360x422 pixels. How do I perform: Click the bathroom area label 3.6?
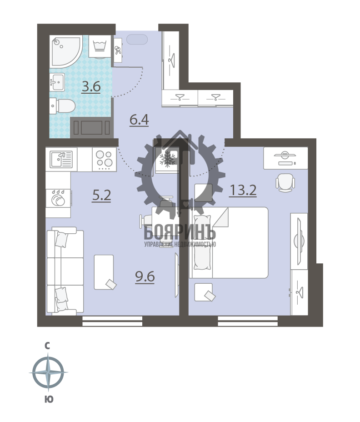click(91, 87)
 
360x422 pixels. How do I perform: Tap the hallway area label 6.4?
click(139, 120)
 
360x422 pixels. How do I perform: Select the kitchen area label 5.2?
click(101, 196)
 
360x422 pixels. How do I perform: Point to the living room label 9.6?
click(145, 276)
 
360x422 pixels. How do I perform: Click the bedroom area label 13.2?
click(243, 191)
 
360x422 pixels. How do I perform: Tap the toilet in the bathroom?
click(62, 106)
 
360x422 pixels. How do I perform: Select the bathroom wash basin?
click(57, 82)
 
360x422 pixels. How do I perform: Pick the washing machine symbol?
click(100, 46)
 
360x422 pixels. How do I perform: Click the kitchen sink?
click(61, 159)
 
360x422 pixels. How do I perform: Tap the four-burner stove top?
click(105, 159)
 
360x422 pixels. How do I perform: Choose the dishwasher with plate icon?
click(58, 198)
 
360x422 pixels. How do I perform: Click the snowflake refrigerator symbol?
click(167, 159)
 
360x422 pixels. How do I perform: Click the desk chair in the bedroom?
click(285, 182)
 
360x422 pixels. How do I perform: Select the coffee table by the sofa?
click(104, 272)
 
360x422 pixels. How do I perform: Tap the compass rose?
click(49, 372)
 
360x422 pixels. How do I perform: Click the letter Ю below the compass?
click(49, 399)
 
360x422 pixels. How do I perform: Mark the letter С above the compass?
click(47, 346)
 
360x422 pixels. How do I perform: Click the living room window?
click(112, 321)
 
